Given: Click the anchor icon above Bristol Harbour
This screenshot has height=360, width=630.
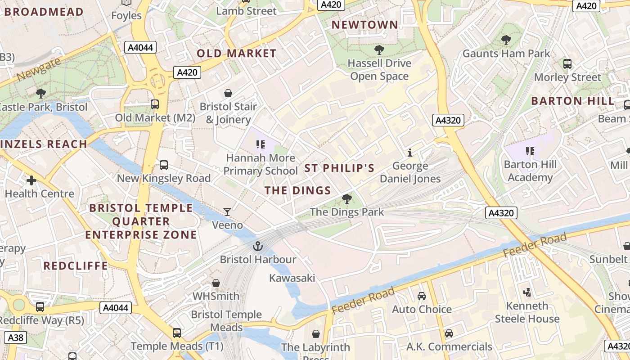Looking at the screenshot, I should [257, 246].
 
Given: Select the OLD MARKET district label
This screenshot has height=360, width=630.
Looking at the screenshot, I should [237, 54].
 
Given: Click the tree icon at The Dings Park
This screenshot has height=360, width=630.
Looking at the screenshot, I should [346, 198].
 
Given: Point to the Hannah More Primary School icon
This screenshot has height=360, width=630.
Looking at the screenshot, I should [260, 144].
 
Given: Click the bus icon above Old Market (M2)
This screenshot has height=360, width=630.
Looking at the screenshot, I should [155, 104].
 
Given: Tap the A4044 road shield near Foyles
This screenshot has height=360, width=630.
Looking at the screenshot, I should [140, 47].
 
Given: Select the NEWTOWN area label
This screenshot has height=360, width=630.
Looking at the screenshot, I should [365, 25].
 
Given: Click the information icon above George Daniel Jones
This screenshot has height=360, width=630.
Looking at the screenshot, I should [409, 153].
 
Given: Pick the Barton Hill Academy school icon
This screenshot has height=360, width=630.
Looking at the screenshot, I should [530, 151].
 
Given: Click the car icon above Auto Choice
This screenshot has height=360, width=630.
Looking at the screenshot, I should [422, 296].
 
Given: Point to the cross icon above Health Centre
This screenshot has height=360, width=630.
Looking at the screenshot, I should [31, 180].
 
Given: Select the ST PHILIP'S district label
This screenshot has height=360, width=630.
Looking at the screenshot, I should [340, 168].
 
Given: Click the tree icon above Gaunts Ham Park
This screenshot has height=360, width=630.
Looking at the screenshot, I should [506, 40].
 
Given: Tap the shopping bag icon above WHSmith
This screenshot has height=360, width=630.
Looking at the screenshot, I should [216, 283].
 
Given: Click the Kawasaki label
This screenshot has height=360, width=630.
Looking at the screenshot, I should [292, 278].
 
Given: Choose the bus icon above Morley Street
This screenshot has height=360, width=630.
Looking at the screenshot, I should [567, 64].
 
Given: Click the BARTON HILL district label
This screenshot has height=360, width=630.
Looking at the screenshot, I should [572, 101].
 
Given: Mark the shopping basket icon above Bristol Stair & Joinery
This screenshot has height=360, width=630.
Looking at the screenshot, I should [228, 93].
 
